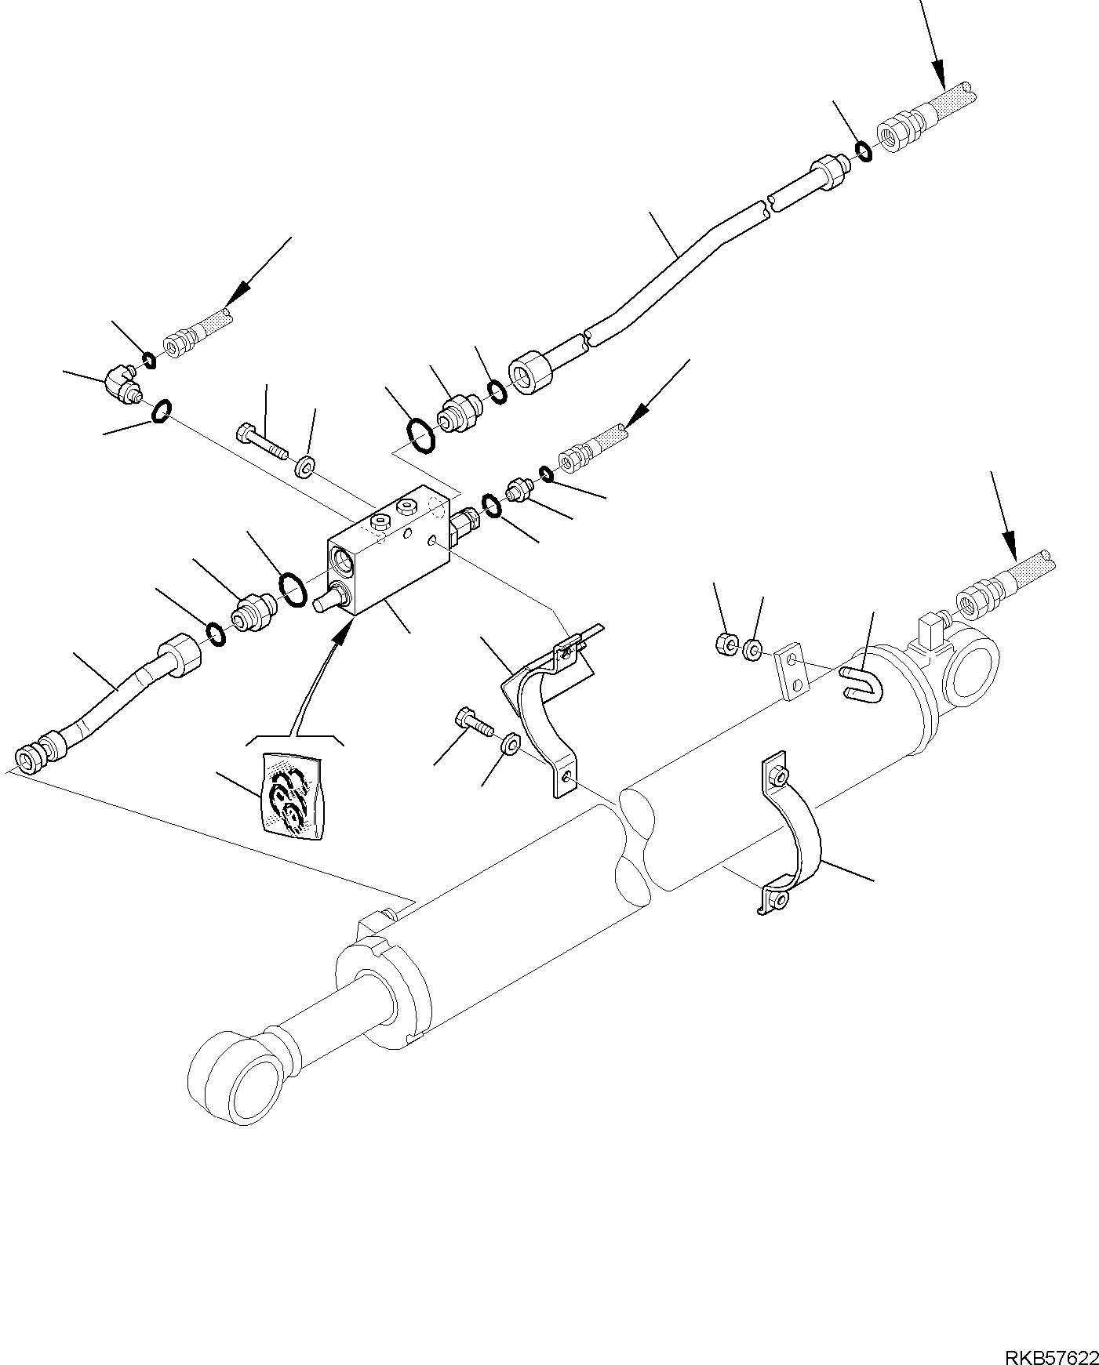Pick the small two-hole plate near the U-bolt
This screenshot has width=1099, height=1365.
tap(792, 672)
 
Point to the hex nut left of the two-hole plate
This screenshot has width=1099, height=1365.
tap(726, 645)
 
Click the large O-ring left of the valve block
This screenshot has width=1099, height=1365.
tap(293, 588)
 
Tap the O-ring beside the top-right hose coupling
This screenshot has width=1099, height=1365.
tap(863, 151)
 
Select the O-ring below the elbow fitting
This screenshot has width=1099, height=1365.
tap(161, 411)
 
